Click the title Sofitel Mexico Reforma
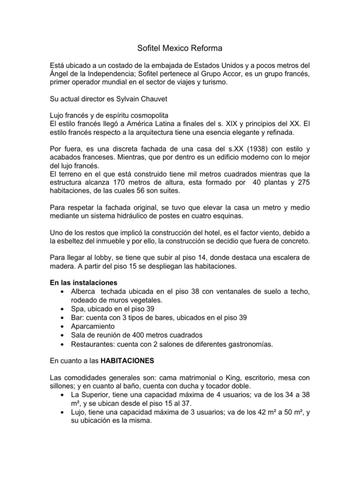tap(180, 48)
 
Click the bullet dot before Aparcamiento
tap(63, 326)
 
